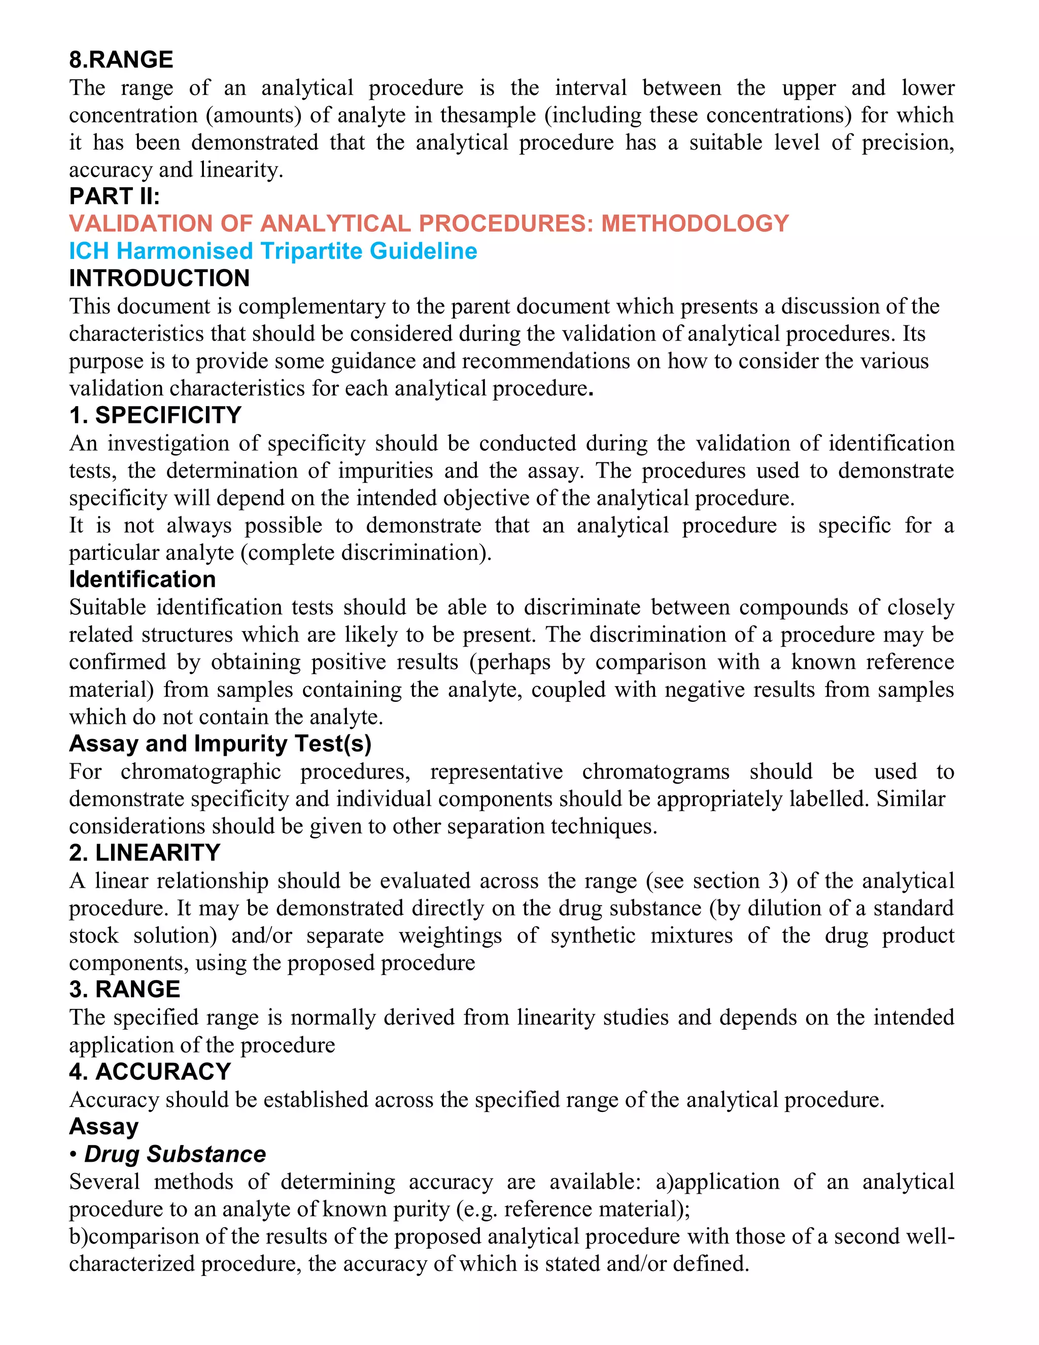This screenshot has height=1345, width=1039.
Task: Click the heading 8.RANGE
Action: coord(121,60)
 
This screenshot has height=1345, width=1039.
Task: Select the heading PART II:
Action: coord(115,196)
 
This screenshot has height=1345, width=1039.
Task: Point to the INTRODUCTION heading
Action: coord(159,278)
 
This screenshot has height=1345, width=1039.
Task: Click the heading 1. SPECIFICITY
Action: coord(155,415)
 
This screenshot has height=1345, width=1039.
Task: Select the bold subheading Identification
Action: coord(142,580)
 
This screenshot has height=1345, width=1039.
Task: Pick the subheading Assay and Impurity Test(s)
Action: coord(220,744)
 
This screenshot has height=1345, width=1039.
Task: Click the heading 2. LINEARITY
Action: coord(145,853)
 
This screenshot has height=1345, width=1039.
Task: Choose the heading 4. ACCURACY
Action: coord(150,1071)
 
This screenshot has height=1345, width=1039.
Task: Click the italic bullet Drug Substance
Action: coord(175,1154)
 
